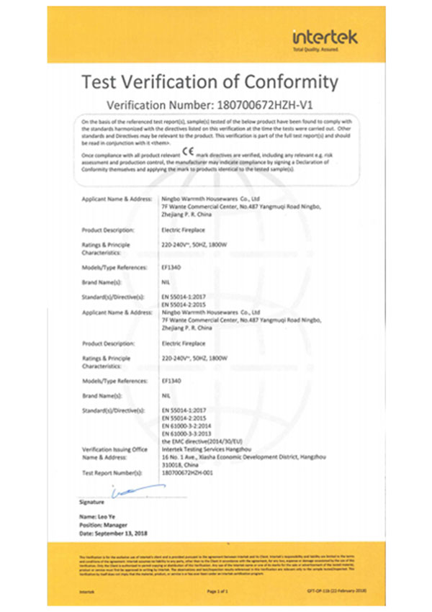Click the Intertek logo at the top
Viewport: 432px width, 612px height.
pyautogui.click(x=325, y=37)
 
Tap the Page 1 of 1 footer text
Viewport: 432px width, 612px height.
pyautogui.click(x=217, y=590)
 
